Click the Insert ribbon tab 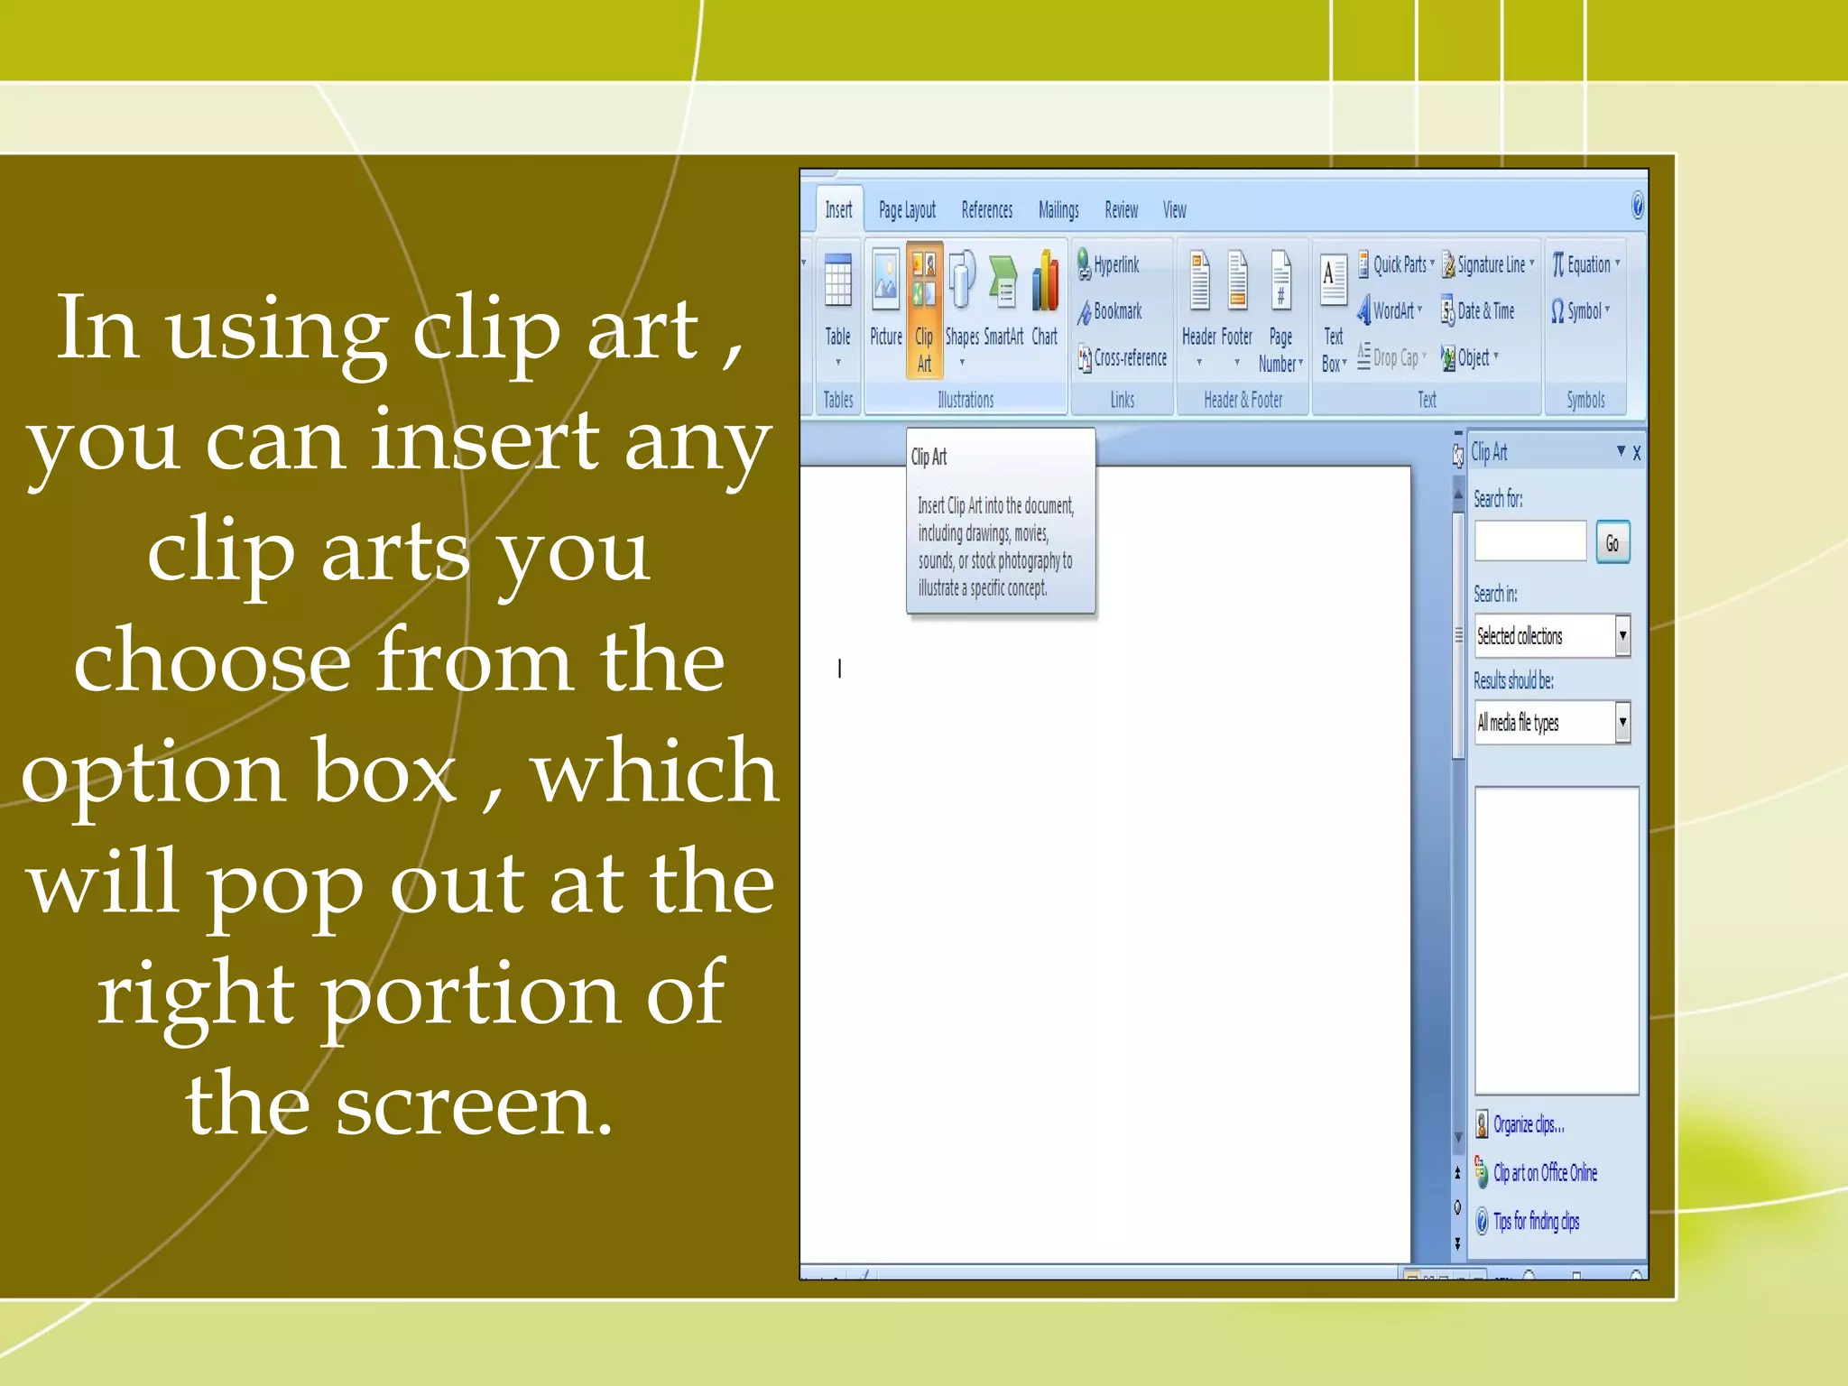click(838, 210)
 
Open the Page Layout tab click(907, 210)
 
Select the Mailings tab click(1058, 210)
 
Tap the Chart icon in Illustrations click(1045, 298)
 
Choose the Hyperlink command click(1110, 264)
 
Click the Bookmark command click(1111, 311)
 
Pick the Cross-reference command click(1123, 358)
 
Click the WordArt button click(1389, 311)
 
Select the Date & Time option click(1479, 311)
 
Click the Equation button click(1585, 264)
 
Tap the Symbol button click(1580, 311)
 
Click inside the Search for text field click(1530, 541)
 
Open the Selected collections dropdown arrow click(1622, 635)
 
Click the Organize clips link click(1528, 1124)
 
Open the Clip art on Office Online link click(1544, 1172)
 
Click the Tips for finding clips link click(1535, 1221)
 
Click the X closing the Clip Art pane click(1637, 453)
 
